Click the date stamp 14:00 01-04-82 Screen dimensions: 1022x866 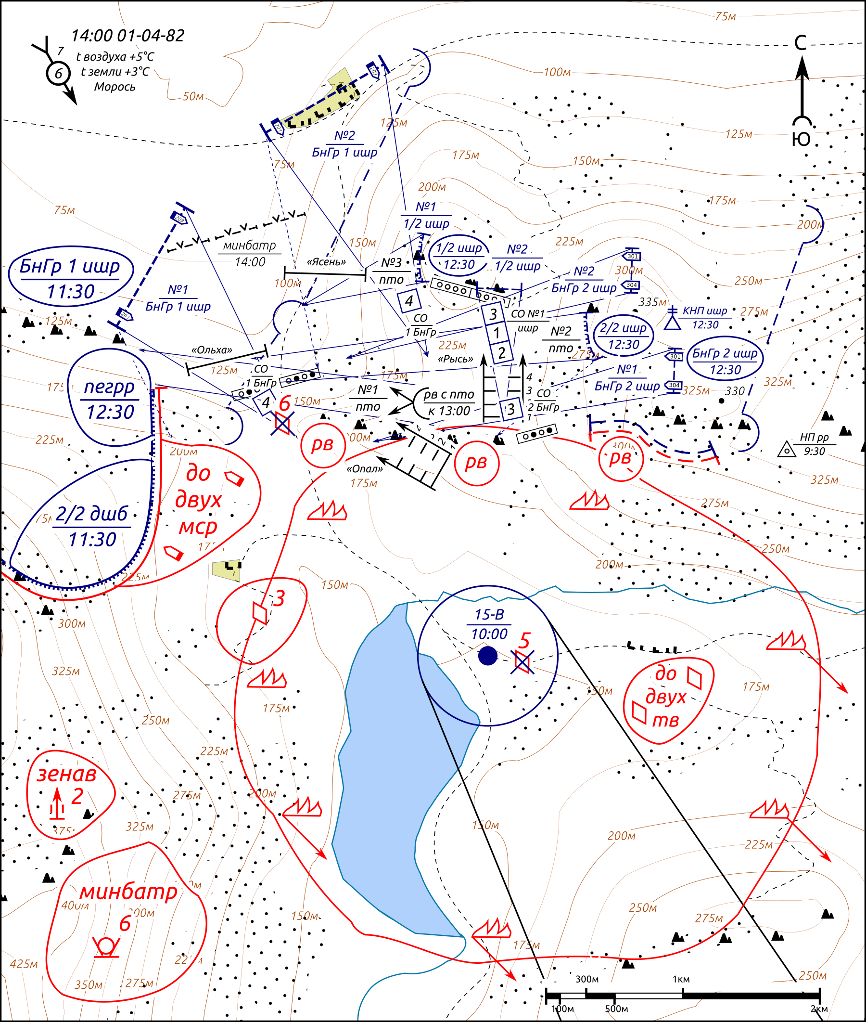[127, 36]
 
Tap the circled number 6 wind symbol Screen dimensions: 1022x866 [58, 73]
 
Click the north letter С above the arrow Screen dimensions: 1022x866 [801, 43]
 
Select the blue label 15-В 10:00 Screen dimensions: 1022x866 [489, 624]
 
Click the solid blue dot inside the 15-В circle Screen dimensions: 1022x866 [487, 656]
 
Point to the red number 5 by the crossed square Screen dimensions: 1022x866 [525, 641]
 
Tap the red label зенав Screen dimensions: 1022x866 [67, 775]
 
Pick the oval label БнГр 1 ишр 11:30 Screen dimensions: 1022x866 [71, 278]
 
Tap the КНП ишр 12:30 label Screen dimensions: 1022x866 [705, 317]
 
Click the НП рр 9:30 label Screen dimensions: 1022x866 [814, 444]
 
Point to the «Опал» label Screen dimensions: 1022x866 [364, 468]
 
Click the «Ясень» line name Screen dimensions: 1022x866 [327, 262]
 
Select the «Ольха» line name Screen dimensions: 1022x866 [212, 350]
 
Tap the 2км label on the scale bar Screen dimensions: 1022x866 [819, 1009]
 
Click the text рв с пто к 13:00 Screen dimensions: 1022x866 [449, 402]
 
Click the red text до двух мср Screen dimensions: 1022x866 [198, 500]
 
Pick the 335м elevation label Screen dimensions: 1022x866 [652, 302]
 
